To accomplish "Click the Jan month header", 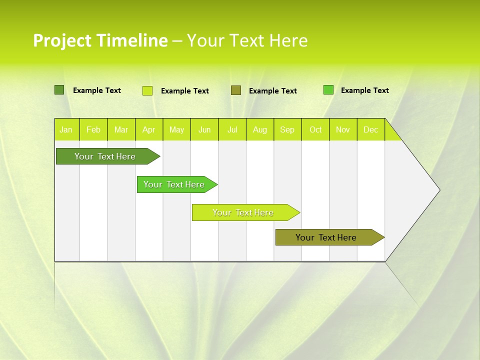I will tap(66, 129).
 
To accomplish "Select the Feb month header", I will tap(93, 129).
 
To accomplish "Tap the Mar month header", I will tap(121, 129).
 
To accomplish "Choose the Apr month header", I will tap(148, 129).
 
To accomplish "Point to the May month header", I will tap(176, 129).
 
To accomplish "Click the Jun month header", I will tap(204, 129).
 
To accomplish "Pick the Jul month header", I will tap(232, 129).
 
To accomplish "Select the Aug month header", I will tap(260, 129).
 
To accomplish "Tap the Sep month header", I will tap(287, 129).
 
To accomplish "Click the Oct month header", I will tap(315, 129).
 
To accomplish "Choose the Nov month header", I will tap(343, 129).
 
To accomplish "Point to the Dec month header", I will tap(371, 129).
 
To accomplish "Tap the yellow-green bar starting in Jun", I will tap(243, 212).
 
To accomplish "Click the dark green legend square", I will tap(59, 90).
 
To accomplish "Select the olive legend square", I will tap(236, 90).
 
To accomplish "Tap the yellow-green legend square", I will tap(147, 90).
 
